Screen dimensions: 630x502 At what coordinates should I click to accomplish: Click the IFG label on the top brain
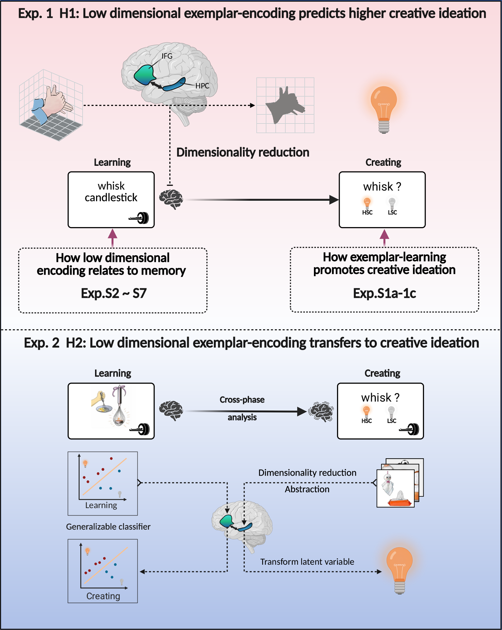[167, 56]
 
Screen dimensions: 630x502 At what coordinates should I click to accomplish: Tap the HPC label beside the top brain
[202, 86]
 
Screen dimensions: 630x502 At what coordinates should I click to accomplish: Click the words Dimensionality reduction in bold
[243, 152]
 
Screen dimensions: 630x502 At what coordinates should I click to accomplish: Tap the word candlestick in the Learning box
[111, 198]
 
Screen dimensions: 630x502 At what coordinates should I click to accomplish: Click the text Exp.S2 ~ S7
[113, 293]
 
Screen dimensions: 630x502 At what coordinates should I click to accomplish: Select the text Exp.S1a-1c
[384, 293]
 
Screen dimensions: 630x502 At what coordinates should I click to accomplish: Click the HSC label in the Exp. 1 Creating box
[367, 212]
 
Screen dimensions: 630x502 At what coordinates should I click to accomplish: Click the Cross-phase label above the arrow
[242, 400]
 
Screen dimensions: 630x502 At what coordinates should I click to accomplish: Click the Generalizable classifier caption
[108, 527]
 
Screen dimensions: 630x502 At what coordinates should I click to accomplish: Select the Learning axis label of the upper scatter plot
[101, 505]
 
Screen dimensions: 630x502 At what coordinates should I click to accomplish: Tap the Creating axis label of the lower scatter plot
[103, 596]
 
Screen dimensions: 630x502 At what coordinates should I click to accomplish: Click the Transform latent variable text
[307, 562]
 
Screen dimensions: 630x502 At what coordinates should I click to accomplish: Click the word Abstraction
[307, 489]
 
